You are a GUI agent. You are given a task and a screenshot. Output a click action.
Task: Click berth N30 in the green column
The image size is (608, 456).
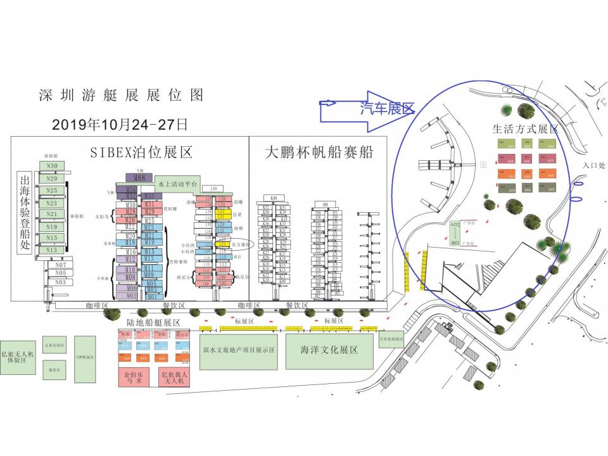click(52, 166)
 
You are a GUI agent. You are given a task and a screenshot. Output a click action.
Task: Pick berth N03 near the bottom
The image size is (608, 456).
click(60, 282)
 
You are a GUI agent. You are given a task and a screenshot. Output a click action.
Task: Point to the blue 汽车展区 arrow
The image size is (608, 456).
click(367, 108)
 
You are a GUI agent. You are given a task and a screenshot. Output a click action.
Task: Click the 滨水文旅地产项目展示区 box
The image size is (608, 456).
click(238, 350)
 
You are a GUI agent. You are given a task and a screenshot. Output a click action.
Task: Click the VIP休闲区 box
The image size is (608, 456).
click(85, 357)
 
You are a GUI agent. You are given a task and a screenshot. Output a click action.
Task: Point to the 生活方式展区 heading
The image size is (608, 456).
click(525, 129)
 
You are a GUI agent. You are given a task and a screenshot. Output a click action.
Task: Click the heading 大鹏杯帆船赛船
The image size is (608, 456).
click(318, 153)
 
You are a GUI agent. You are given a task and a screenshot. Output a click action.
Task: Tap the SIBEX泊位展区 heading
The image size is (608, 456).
click(141, 153)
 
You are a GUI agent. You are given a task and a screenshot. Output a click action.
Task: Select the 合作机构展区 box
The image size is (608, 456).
click(391, 339)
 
